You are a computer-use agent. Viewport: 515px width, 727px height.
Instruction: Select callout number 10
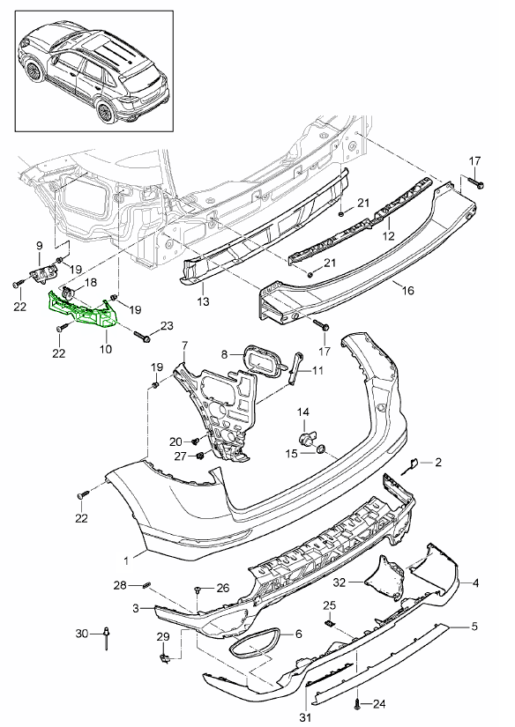[x=105, y=349]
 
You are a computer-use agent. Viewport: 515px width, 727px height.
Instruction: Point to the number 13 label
[x=203, y=301]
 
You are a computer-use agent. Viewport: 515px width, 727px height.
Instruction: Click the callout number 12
[x=387, y=236]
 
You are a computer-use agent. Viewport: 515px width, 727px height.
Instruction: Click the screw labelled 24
[x=357, y=702]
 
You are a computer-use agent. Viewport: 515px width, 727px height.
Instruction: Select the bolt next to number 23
[x=141, y=337]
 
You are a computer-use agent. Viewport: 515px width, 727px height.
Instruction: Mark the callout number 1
[x=128, y=558]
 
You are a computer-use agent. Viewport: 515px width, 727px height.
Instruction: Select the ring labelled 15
[x=321, y=452]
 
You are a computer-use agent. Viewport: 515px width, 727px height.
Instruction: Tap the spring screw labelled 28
[x=147, y=586]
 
